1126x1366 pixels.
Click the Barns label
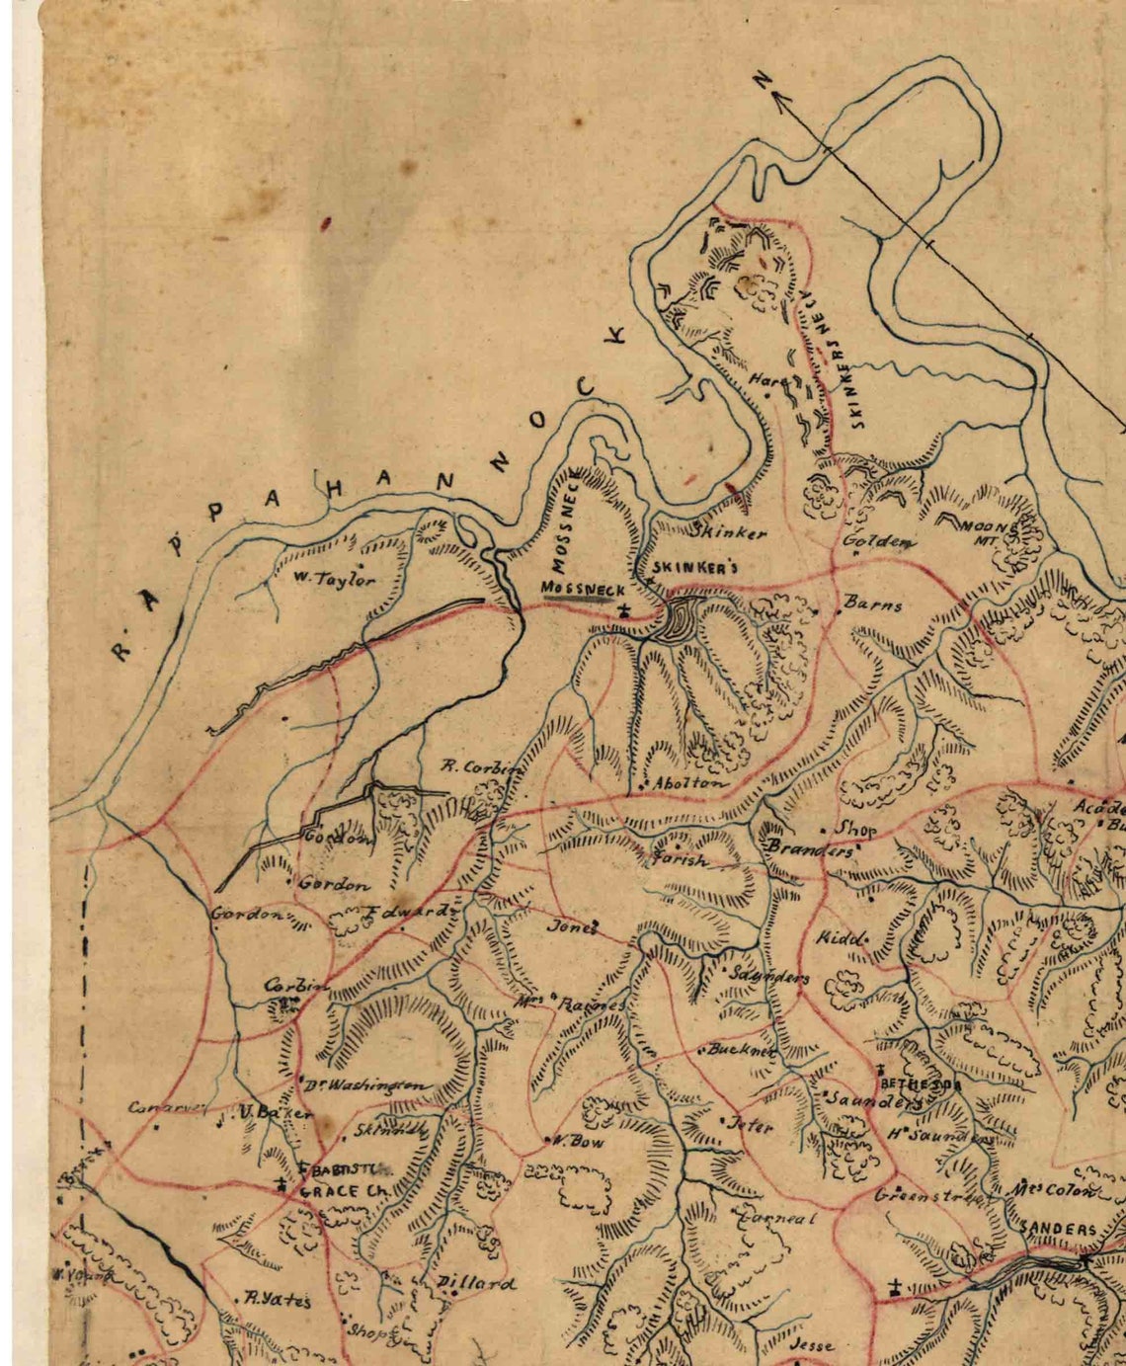click(873, 604)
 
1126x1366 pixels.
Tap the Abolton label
click(688, 782)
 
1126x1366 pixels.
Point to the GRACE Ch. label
click(342, 1191)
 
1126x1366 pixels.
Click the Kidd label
click(841, 937)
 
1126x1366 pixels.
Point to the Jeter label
click(751, 1124)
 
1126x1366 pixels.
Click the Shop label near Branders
click(855, 830)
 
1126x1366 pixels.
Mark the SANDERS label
click(1058, 1230)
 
